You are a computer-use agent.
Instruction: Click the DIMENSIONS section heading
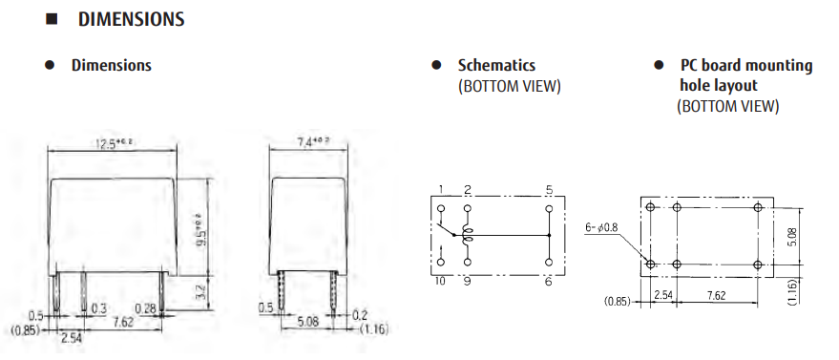coord(131,19)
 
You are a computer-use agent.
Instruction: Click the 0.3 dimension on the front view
coord(97,307)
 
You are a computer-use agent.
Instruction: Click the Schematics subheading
coord(496,66)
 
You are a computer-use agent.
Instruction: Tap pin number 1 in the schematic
coord(441,189)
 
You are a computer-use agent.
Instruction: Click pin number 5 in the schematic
coord(549,189)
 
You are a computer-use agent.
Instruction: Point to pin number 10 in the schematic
coord(441,281)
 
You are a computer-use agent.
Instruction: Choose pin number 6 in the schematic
coord(549,281)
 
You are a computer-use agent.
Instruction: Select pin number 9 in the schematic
coord(467,281)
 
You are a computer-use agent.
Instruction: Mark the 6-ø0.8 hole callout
coord(602,227)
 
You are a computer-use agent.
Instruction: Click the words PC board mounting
coord(746,66)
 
